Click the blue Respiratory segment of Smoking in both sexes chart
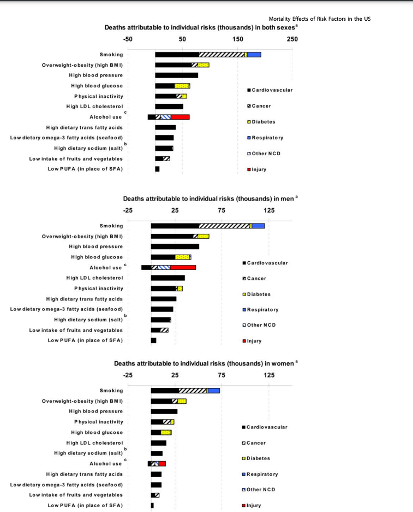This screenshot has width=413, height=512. pyautogui.click(x=254, y=55)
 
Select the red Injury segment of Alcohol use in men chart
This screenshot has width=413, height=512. pyautogui.click(x=183, y=267)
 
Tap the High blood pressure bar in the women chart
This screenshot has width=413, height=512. pyautogui.click(x=164, y=411)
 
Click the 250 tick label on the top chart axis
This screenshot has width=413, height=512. pyautogui.click(x=292, y=39)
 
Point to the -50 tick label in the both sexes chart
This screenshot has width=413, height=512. pyautogui.click(x=128, y=39)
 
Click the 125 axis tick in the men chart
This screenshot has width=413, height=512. pyautogui.click(x=269, y=210)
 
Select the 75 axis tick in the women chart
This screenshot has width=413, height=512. pyautogui.click(x=222, y=375)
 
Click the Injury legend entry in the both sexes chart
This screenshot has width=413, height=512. pyautogui.click(x=256, y=169)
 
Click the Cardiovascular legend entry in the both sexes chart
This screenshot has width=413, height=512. pyautogui.click(x=270, y=90)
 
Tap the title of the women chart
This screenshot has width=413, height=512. pyautogui.click(x=206, y=363)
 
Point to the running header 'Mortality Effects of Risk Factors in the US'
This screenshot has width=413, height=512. pyautogui.click(x=320, y=19)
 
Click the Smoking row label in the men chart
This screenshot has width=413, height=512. pyautogui.click(x=111, y=226)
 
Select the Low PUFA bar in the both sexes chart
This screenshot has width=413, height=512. pyautogui.click(x=157, y=169)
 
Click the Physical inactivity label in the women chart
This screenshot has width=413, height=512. pyautogui.click(x=99, y=422)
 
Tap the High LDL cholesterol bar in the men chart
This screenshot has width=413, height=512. pyautogui.click(x=167, y=278)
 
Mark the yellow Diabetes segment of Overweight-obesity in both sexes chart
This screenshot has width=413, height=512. pyautogui.click(x=203, y=65)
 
